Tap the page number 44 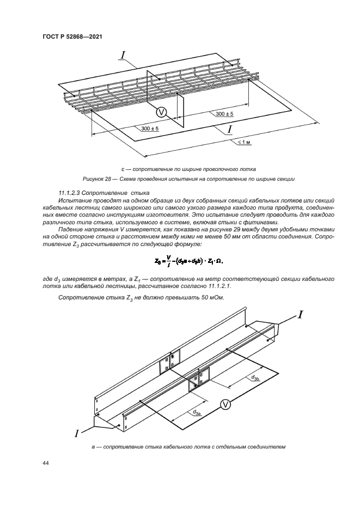(46, 463)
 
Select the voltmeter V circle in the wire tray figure (161, 112)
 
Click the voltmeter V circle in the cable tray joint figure (225, 403)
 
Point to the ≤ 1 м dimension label (243, 142)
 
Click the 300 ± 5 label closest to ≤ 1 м (224, 114)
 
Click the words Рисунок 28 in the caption (97, 179)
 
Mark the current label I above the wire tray (124, 54)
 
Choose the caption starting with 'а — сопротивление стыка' (188, 447)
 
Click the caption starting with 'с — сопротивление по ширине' (188, 169)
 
